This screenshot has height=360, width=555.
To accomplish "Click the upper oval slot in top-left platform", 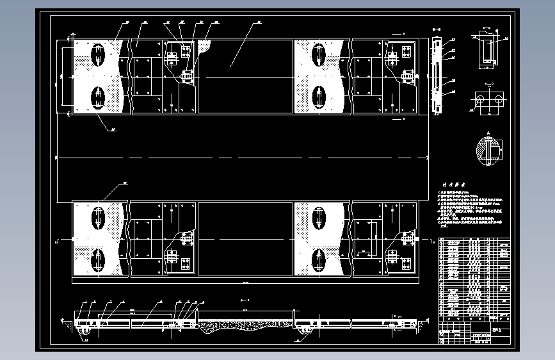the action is tap(98, 54).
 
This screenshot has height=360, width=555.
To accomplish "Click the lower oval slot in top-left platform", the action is tap(98, 97).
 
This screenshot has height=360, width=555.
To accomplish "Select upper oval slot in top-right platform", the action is tap(319, 54).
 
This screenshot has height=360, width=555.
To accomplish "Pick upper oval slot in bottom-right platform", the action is tap(318, 218).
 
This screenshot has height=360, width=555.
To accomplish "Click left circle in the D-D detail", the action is tap(479, 101).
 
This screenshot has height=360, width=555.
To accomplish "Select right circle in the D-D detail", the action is tap(497, 101).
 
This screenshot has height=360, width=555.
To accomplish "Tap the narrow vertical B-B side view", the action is tap(437, 76).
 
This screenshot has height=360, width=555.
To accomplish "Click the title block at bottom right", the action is tap(476, 335).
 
